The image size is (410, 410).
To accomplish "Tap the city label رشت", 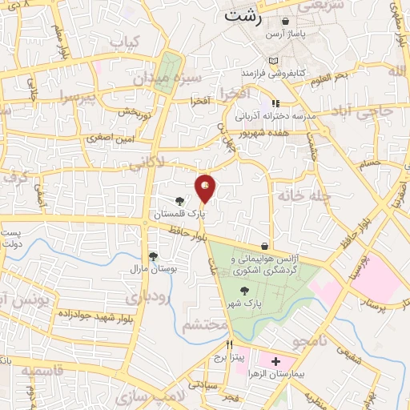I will (x=241, y=14).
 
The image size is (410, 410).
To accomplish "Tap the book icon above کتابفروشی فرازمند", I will (x=275, y=62).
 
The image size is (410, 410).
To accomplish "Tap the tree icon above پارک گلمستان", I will (x=180, y=201).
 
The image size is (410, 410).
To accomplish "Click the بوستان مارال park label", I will (x=152, y=269).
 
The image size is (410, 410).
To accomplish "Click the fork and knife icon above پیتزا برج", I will (x=230, y=344).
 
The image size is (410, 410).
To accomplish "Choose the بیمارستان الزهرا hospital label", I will (x=276, y=375).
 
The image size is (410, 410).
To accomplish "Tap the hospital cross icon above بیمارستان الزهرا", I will (x=276, y=362).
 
